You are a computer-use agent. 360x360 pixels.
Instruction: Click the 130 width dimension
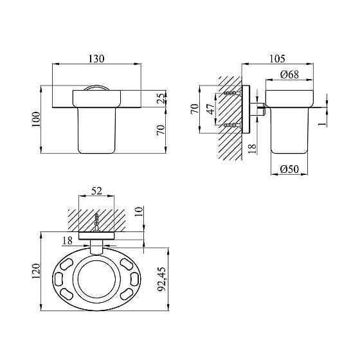click(96, 59)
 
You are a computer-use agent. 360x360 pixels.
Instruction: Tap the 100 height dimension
click(36, 120)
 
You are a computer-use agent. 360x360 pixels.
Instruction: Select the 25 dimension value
click(162, 98)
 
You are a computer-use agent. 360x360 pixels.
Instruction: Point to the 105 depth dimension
click(277, 59)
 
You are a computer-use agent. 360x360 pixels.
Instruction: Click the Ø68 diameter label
click(289, 75)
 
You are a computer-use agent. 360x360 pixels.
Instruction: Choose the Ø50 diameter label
click(289, 169)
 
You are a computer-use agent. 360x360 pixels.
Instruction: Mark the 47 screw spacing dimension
click(212, 109)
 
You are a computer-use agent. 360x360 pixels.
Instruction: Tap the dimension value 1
click(323, 124)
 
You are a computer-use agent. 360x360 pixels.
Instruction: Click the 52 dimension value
click(96, 191)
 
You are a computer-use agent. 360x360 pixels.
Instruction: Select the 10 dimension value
click(139, 212)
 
